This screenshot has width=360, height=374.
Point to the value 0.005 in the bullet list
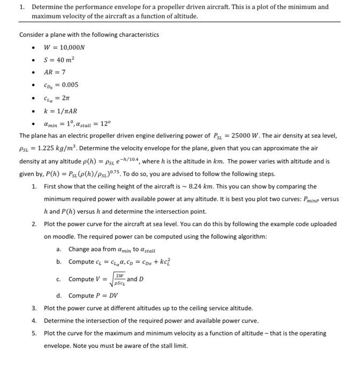[x=70, y=84]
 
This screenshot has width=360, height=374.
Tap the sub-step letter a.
[x=58, y=249]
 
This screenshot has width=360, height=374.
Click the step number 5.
[x=34, y=333]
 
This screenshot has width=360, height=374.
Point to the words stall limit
[x=173, y=346]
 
